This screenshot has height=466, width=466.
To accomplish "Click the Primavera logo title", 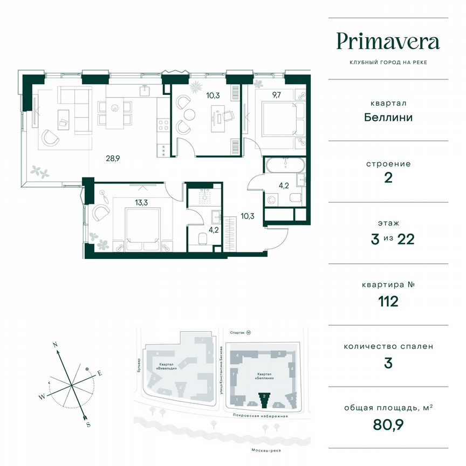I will (388, 42).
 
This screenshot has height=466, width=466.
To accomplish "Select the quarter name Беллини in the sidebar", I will (388, 117).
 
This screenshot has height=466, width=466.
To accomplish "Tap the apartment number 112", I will (388, 301).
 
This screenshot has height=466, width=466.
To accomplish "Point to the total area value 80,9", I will (388, 424).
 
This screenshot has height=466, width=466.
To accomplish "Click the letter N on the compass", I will (54, 344).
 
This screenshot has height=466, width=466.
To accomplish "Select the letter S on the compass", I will (88, 425).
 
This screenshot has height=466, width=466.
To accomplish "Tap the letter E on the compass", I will (99, 373).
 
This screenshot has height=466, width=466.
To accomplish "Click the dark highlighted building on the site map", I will (264, 400).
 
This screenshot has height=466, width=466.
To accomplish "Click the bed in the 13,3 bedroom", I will (142, 228).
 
